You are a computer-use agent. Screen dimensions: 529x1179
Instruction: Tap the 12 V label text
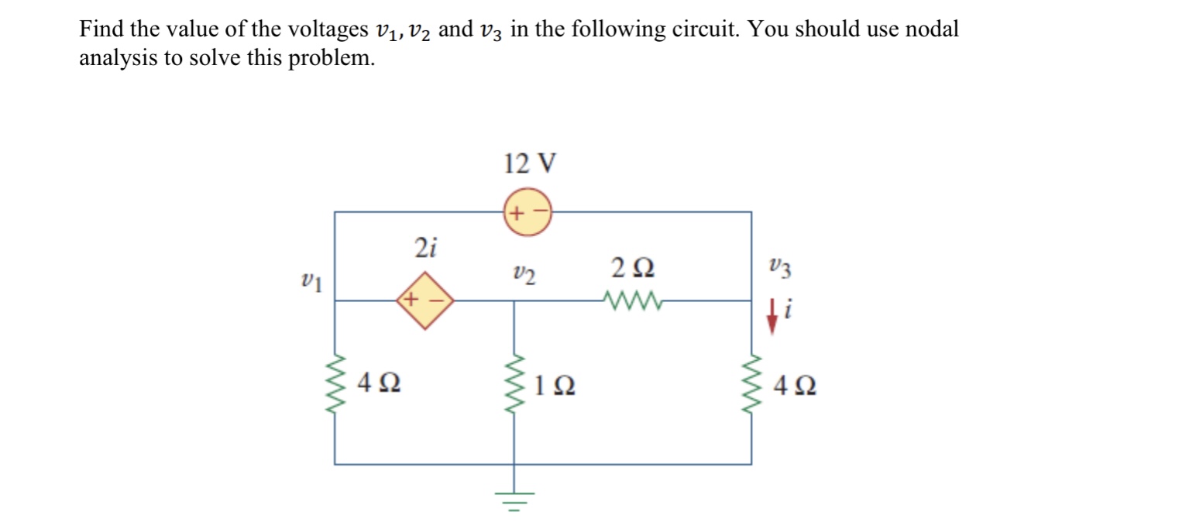(x=529, y=164)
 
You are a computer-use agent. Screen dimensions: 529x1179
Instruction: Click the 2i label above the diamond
(x=425, y=249)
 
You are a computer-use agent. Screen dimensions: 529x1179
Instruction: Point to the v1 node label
(x=311, y=280)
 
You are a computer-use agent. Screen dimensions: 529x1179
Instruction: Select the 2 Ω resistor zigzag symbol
(x=631, y=300)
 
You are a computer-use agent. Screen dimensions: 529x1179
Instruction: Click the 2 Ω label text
(x=632, y=269)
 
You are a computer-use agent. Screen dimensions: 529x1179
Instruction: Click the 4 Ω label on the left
(x=380, y=383)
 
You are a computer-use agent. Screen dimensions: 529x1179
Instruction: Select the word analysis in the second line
(x=118, y=59)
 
